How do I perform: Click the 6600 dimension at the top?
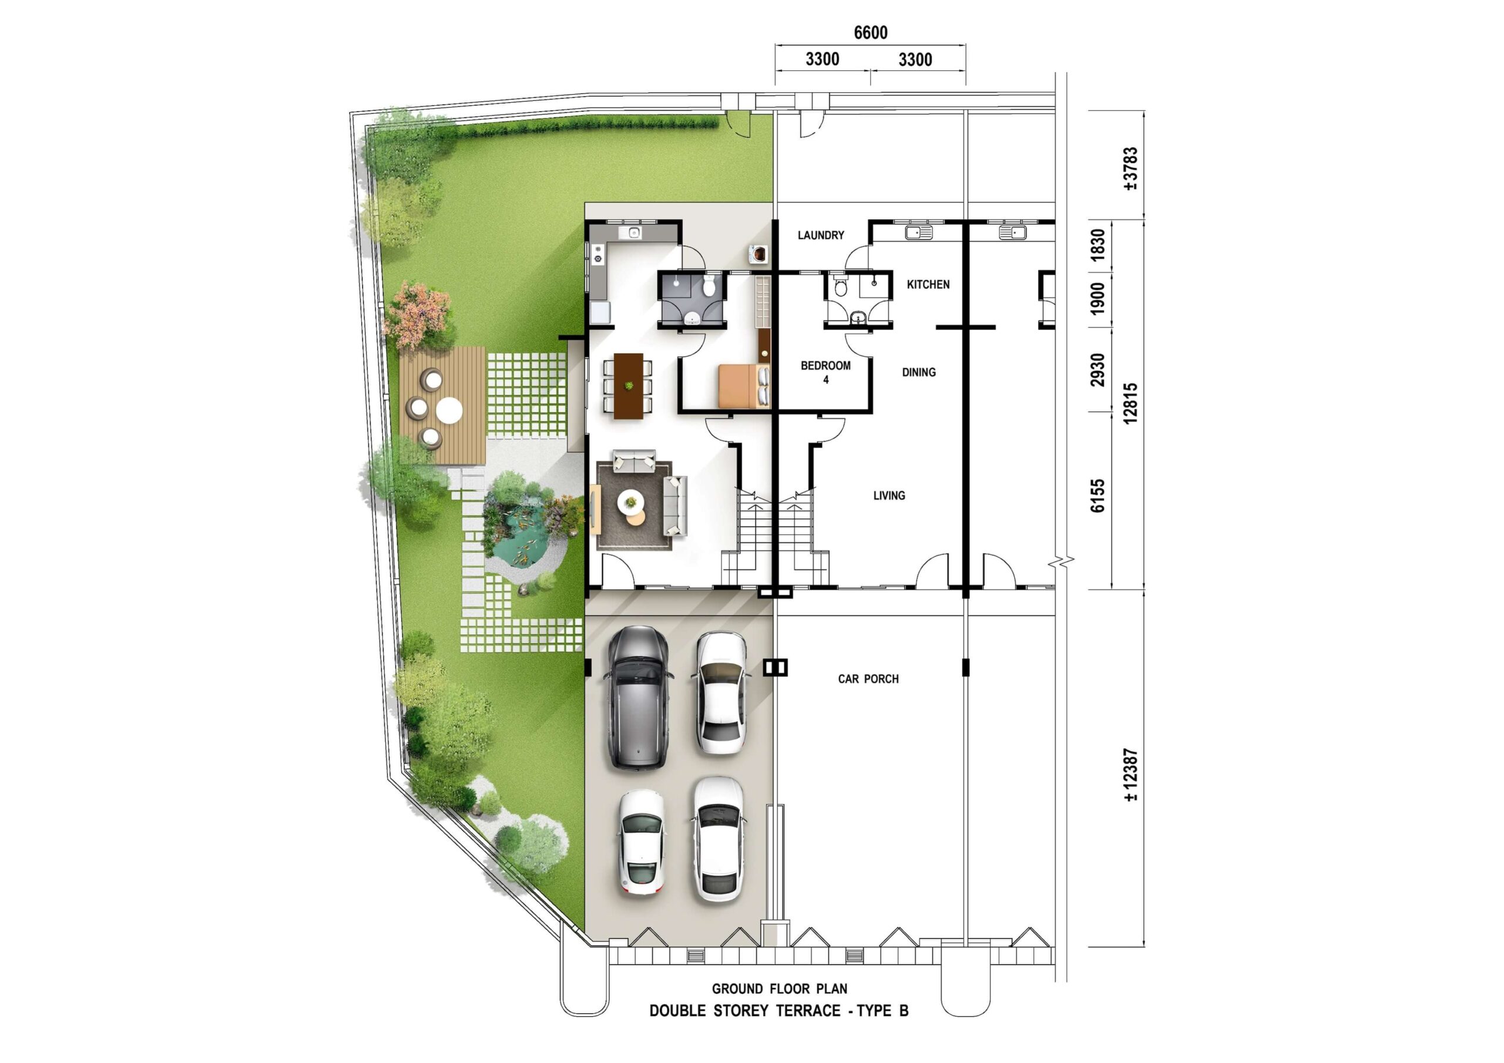pos(870,33)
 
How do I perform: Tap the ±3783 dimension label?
pos(1130,169)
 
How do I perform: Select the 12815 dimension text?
pos(1130,403)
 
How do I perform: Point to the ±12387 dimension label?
pos(1130,775)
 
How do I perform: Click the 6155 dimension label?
pos(1097,495)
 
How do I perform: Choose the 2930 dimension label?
pos(1097,369)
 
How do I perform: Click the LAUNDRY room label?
pos(821,235)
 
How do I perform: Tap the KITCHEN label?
pos(928,284)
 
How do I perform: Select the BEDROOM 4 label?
pos(825,372)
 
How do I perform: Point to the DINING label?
pos(918,372)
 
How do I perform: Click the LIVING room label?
pos(889,496)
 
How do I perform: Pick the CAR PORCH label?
pos(868,679)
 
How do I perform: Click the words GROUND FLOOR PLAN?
pos(780,989)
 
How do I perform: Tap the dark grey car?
pos(638,698)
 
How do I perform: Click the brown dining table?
pos(628,386)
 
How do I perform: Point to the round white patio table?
pos(449,411)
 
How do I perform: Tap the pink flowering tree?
pos(419,315)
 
